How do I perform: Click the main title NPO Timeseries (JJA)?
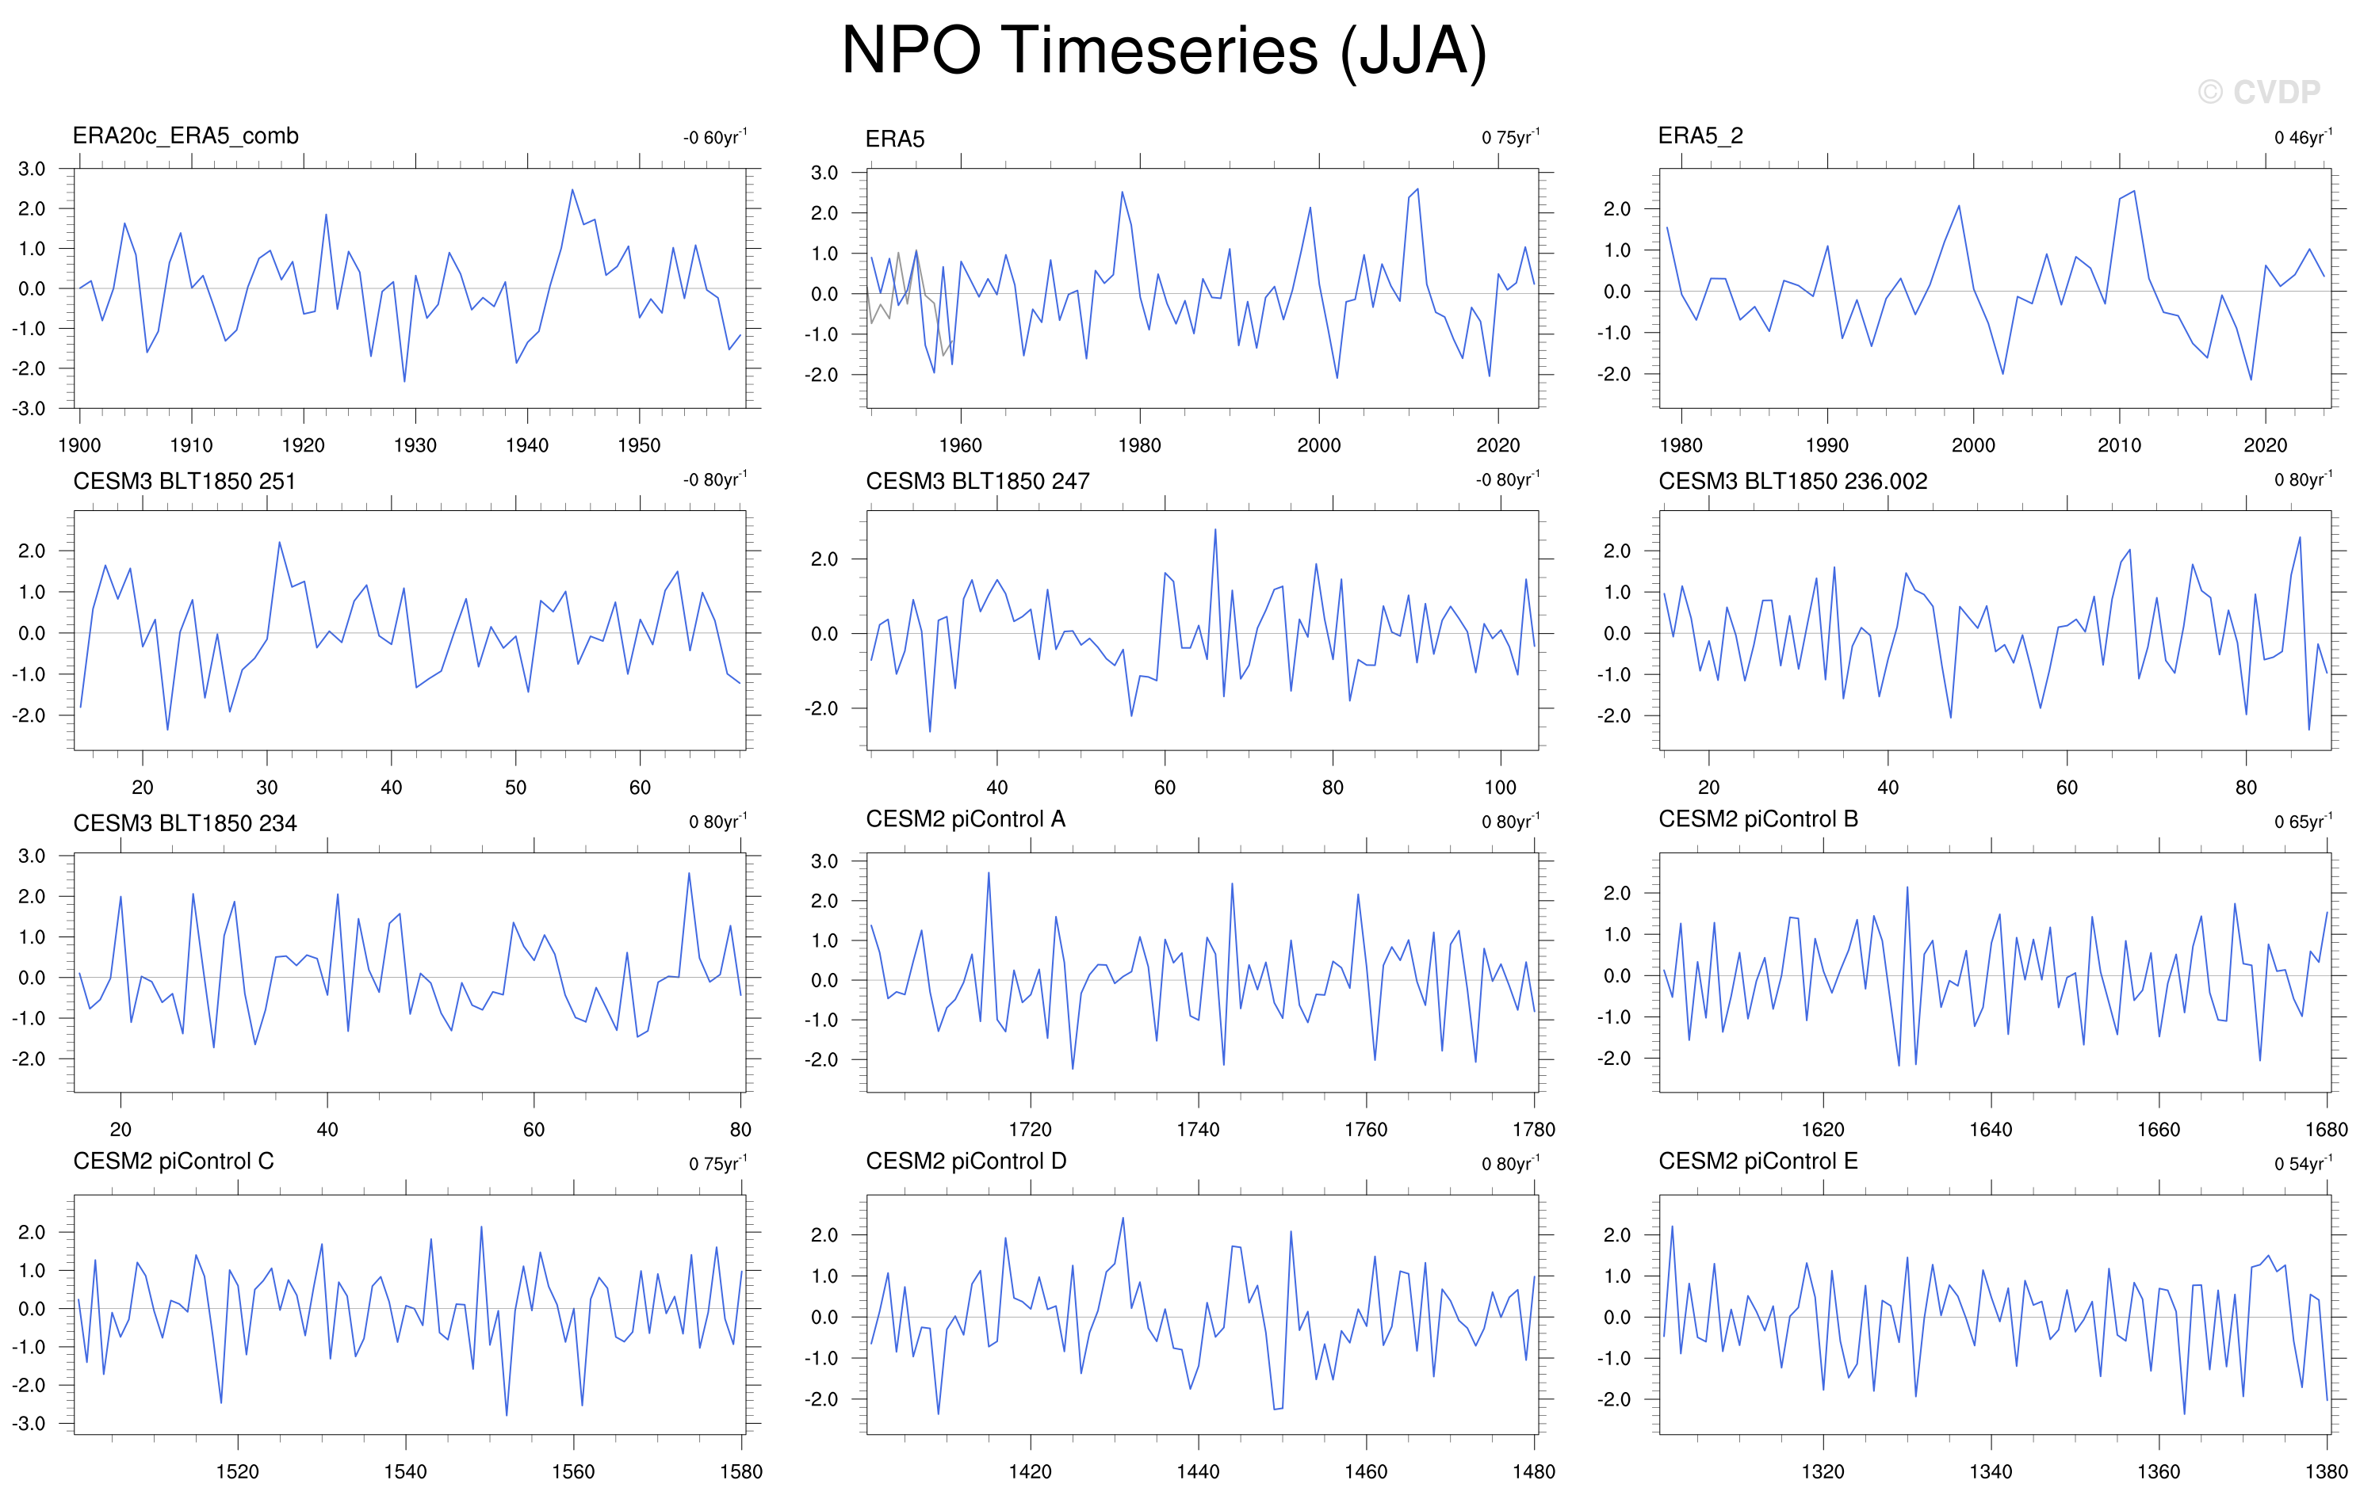(x=1163, y=51)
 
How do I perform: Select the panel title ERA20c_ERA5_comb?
(x=186, y=136)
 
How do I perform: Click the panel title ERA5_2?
(x=1700, y=136)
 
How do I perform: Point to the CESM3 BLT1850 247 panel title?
(x=977, y=481)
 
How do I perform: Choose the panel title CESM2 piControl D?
(x=966, y=1161)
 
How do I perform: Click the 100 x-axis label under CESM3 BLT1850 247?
(x=1500, y=788)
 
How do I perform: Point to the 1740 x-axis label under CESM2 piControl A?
(x=1198, y=1130)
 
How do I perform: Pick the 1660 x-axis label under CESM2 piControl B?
(x=2158, y=1130)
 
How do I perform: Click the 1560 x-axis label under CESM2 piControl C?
(x=572, y=1471)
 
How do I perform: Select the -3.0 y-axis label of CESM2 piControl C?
(x=29, y=1424)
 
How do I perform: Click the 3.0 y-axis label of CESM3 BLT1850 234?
(x=32, y=856)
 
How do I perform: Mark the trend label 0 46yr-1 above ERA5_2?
(x=2302, y=137)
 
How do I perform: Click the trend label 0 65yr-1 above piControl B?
(x=2302, y=821)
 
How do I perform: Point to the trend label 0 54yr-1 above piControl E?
(x=2302, y=1163)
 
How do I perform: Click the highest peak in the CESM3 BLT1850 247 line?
(x=1215, y=530)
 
